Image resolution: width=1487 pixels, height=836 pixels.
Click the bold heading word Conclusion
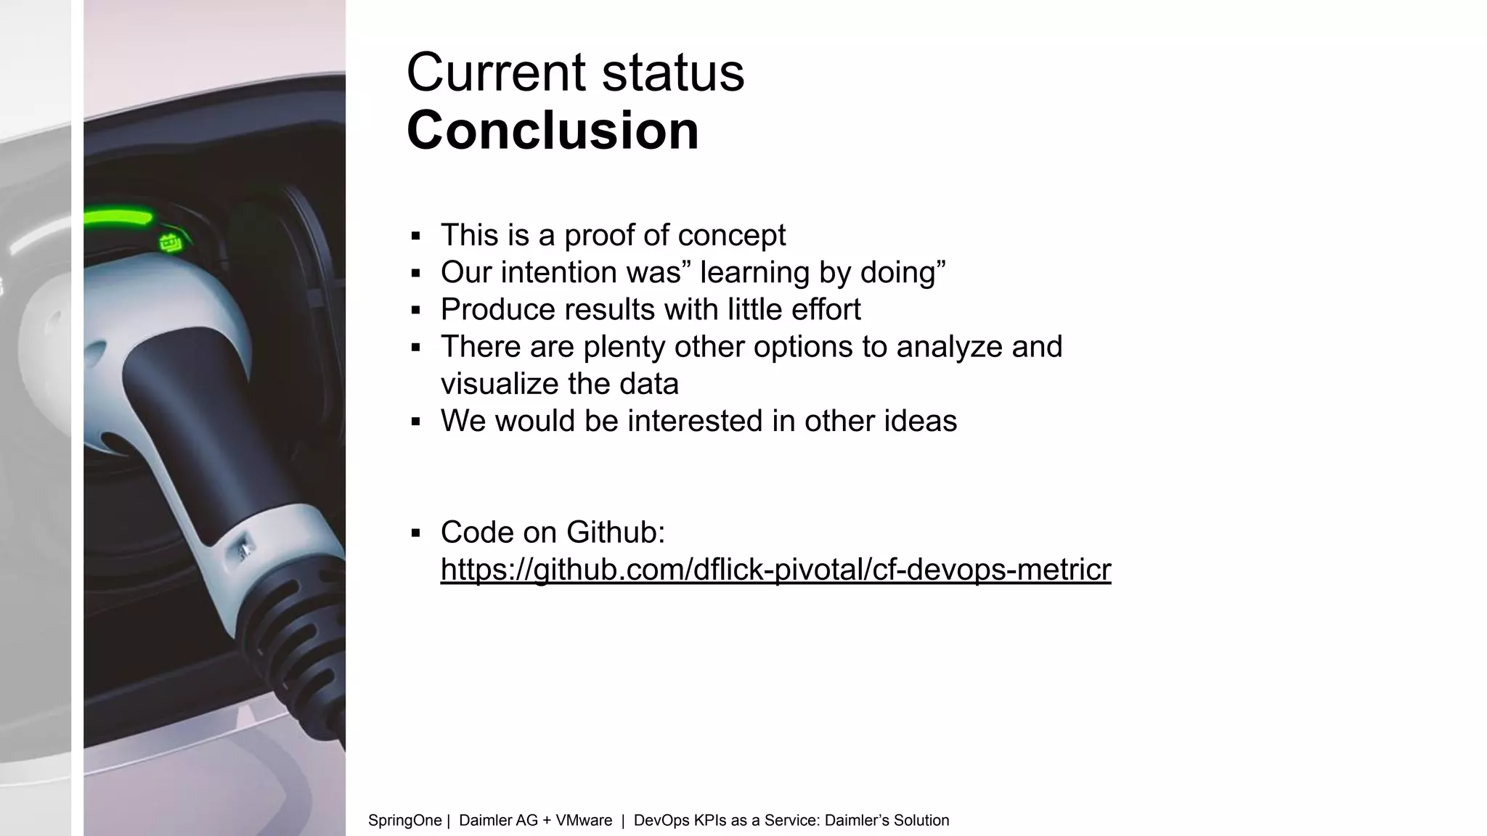553,131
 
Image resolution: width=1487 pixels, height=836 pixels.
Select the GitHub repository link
775,570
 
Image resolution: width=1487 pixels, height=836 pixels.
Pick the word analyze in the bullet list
939,347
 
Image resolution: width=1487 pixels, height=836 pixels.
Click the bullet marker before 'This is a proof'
415,236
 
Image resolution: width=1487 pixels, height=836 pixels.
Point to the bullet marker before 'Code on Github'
415,533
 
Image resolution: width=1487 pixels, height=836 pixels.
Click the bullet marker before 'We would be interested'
415,422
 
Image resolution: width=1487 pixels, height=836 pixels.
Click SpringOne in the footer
404,821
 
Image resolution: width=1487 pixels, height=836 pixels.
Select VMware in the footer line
584,821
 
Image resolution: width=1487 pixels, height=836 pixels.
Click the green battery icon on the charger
171,242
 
